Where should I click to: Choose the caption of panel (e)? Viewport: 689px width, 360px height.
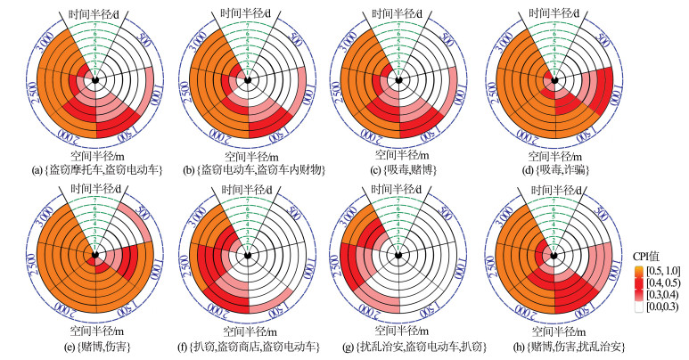(x=96, y=344)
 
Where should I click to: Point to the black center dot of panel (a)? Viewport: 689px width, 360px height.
(x=96, y=81)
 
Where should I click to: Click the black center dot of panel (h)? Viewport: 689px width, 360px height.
(x=554, y=257)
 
